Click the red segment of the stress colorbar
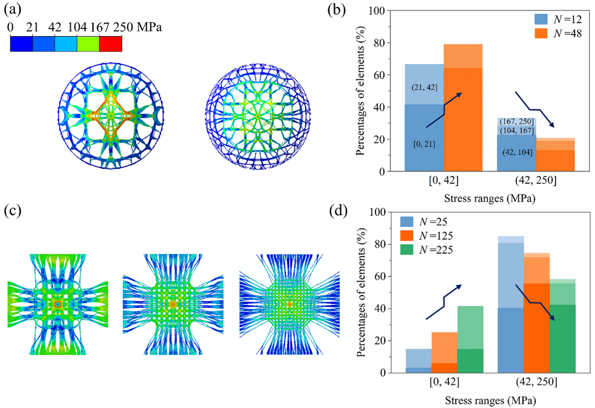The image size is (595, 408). [x=110, y=43]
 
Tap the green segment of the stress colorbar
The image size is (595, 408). [x=88, y=43]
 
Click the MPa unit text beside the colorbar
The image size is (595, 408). [x=149, y=28]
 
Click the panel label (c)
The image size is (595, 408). [x=13, y=211]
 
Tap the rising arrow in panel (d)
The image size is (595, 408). [x=443, y=303]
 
